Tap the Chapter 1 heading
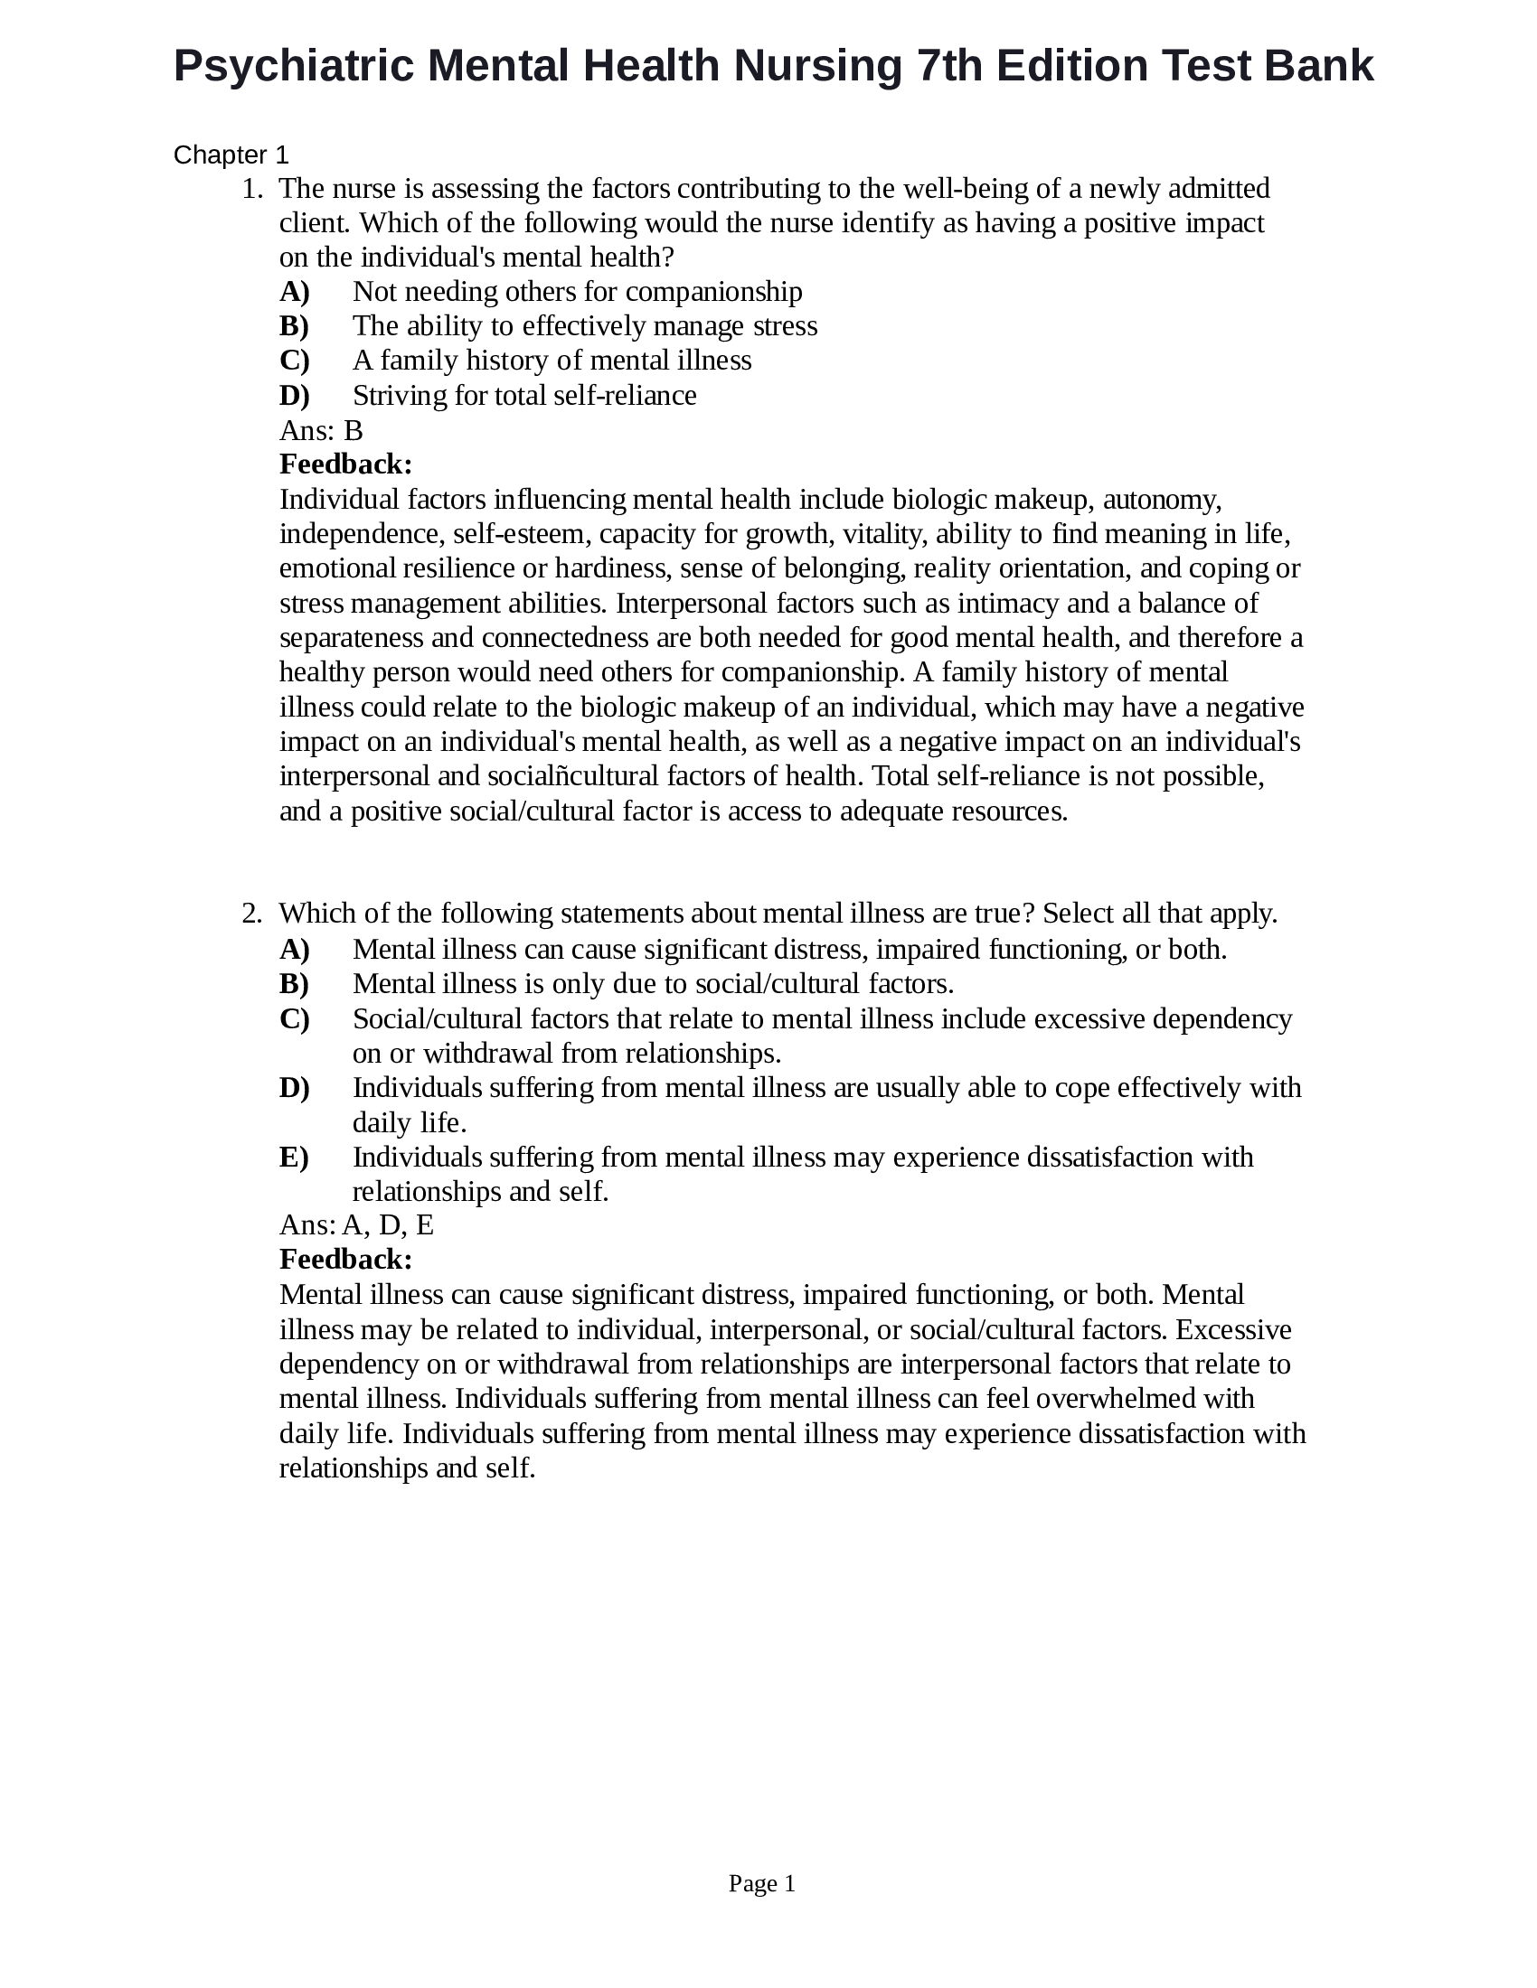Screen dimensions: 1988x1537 click(231, 155)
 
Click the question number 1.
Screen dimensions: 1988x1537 click(251, 190)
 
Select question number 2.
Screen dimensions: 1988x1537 click(251, 914)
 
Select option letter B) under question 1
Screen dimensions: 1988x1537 click(294, 326)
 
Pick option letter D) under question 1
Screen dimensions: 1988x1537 click(294, 396)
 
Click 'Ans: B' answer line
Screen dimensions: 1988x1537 click(321, 430)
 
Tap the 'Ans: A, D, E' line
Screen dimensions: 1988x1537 click(356, 1226)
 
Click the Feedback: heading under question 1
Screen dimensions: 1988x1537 click(346, 465)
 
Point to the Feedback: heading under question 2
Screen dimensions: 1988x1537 click(346, 1261)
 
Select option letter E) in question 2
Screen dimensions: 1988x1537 click(294, 1158)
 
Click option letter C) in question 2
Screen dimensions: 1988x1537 click(294, 1019)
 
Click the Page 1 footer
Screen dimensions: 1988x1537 click(762, 1884)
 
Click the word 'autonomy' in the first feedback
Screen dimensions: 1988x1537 click(1161, 500)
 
